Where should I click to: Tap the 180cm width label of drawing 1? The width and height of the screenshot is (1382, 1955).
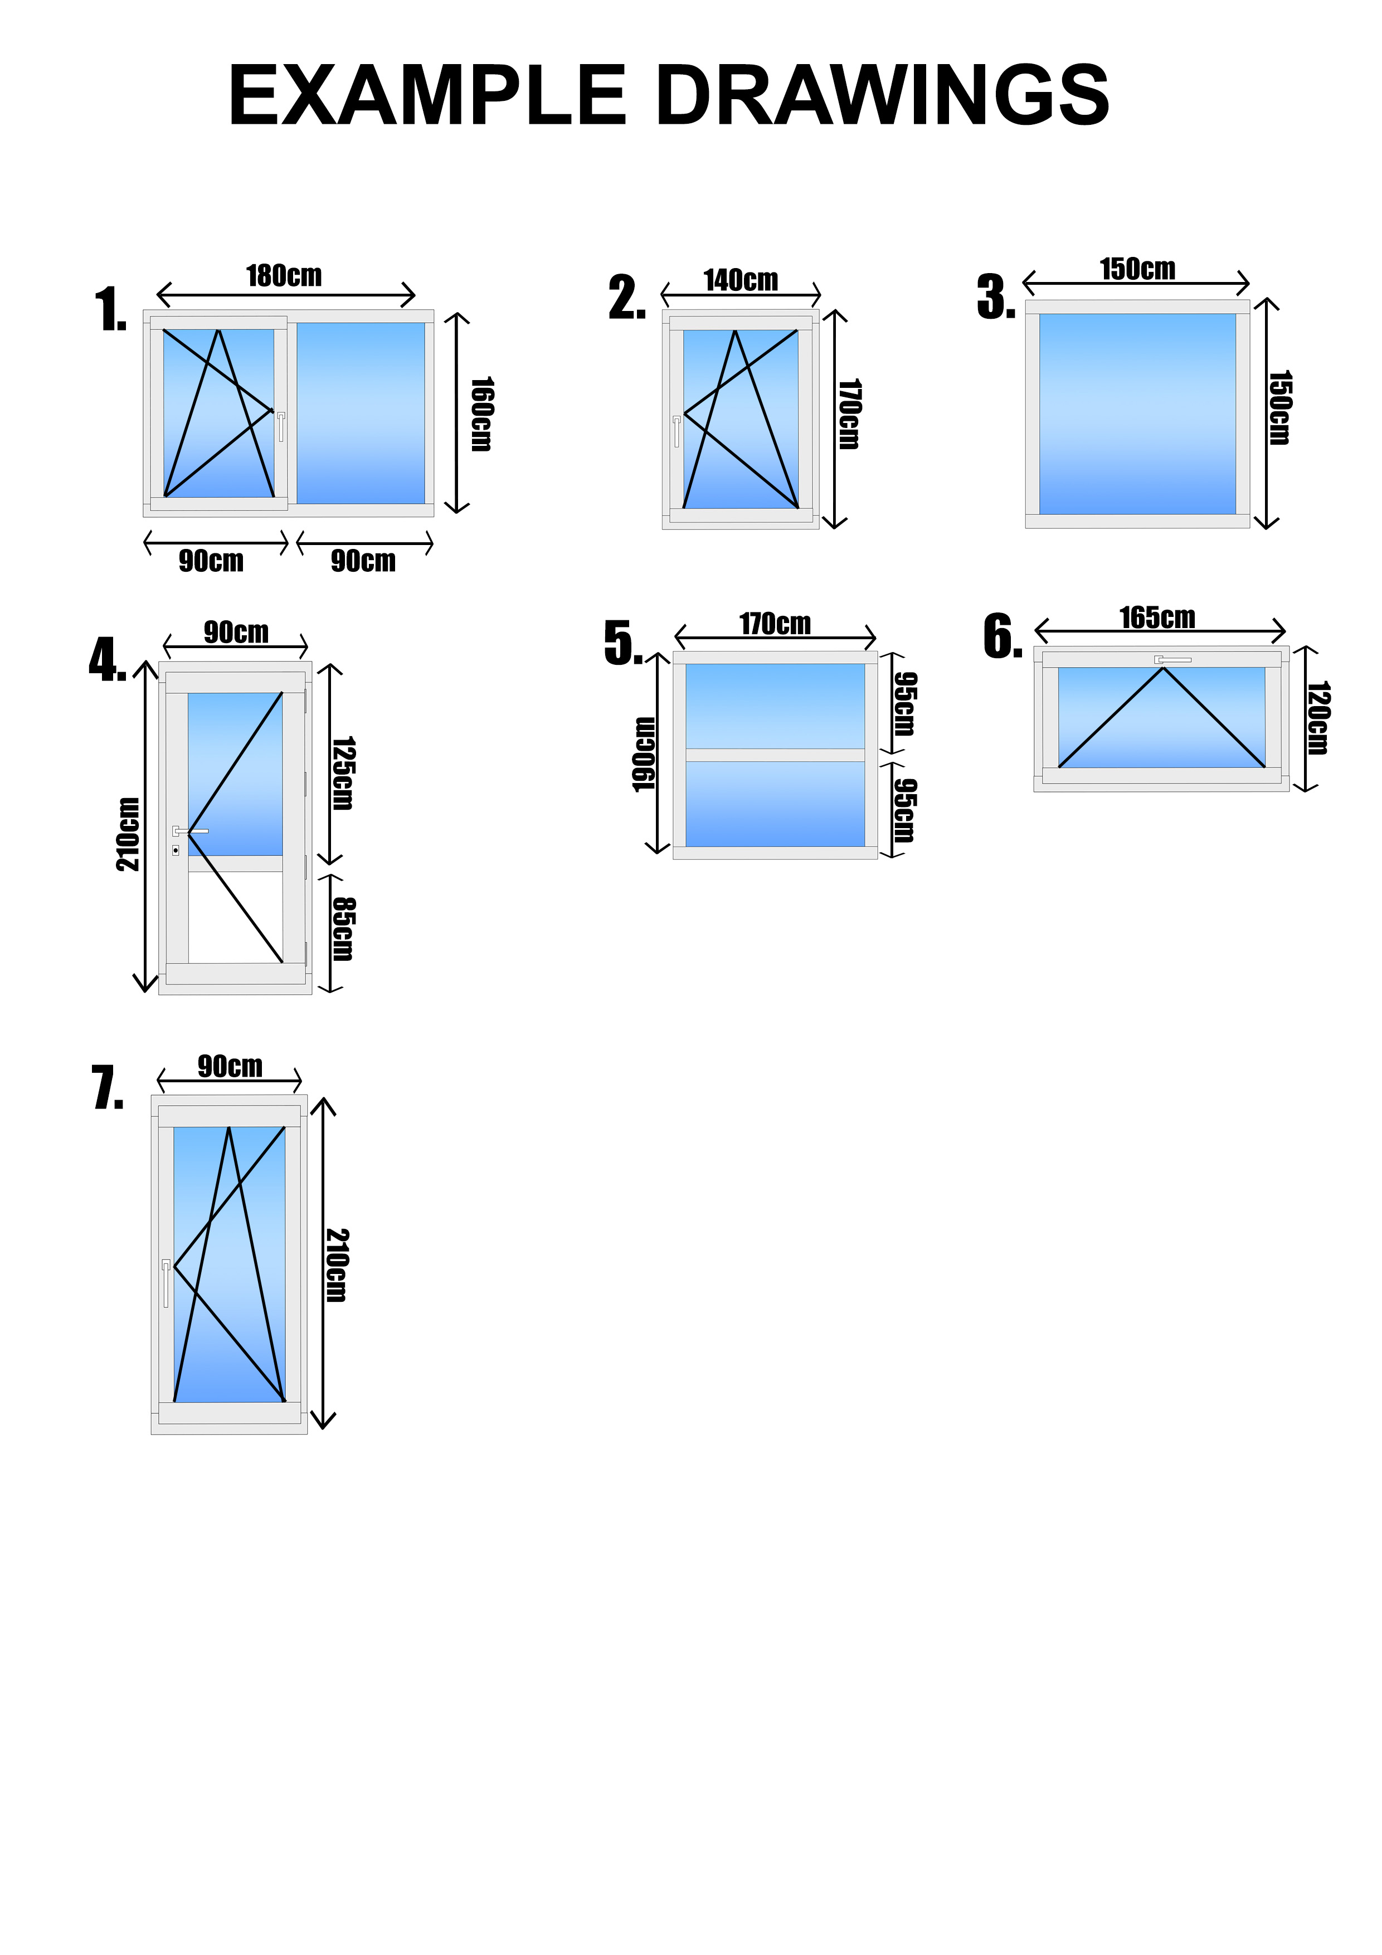tap(284, 276)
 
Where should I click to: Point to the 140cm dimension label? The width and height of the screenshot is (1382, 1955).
tap(740, 280)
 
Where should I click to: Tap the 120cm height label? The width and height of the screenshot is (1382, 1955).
tap(1318, 718)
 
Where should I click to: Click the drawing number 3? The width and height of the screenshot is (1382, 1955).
tap(995, 298)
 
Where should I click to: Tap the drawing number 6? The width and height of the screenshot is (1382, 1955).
tap(1002, 637)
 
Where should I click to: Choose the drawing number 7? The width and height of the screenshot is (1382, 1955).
tap(108, 1089)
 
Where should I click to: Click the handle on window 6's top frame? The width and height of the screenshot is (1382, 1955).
tap(1172, 659)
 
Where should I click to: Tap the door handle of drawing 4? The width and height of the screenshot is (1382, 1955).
tap(191, 830)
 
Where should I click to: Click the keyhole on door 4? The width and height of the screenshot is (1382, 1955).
tap(176, 850)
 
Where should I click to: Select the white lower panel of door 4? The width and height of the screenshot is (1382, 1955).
tap(235, 917)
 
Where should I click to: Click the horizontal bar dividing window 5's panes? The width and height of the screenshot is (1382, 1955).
tap(775, 755)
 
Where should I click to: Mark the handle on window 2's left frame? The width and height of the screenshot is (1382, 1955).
tap(677, 431)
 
